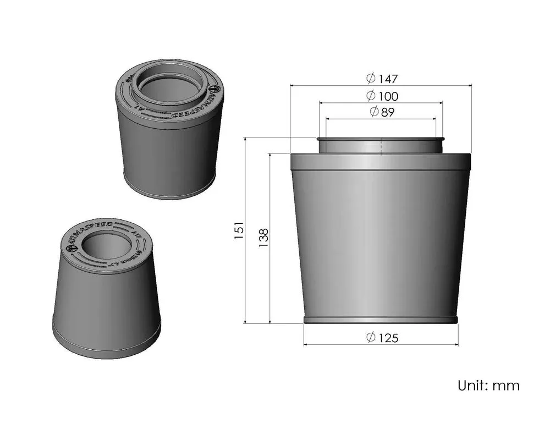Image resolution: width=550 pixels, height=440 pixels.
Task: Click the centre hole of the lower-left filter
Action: [105, 247]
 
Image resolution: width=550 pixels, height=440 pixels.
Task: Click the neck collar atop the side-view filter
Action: [381, 145]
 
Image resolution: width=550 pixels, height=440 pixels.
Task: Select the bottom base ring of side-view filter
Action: [381, 320]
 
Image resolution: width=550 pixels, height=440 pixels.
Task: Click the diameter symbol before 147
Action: [371, 79]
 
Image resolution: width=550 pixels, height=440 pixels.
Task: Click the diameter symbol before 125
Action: [371, 338]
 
